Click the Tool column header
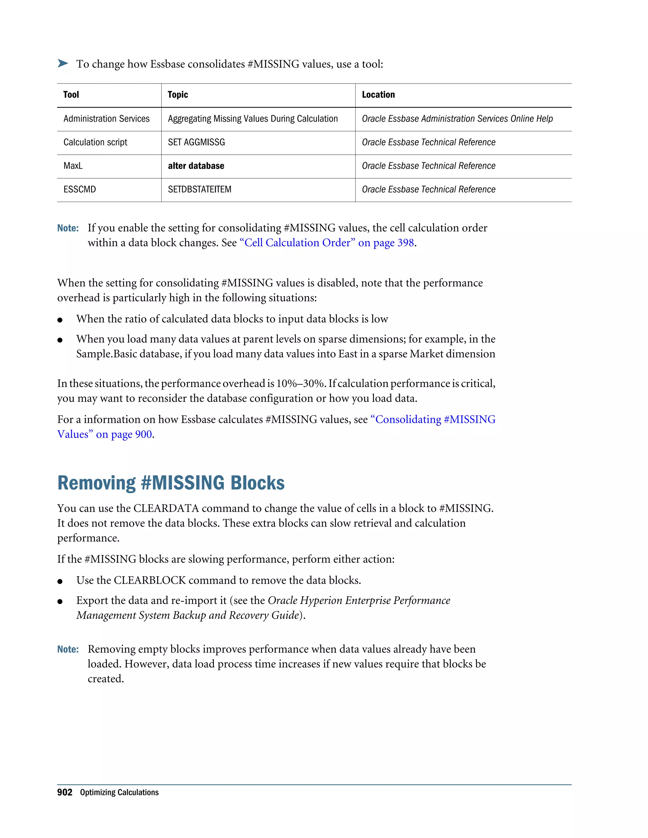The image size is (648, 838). click(x=71, y=95)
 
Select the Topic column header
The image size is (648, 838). click(x=178, y=95)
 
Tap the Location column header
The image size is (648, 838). click(x=378, y=95)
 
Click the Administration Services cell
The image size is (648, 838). click(x=106, y=119)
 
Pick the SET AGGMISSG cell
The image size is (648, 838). click(x=196, y=142)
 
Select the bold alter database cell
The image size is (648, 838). click(x=196, y=166)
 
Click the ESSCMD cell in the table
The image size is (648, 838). click(x=79, y=189)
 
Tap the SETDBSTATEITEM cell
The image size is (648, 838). click(x=199, y=189)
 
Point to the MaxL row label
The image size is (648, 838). click(x=73, y=166)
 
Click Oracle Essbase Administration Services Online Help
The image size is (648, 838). click(x=457, y=119)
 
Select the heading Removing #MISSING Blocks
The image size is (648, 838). click(x=171, y=483)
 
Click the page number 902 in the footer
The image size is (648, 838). click(x=65, y=792)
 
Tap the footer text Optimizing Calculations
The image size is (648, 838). click(x=119, y=793)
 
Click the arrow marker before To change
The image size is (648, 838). click(x=63, y=63)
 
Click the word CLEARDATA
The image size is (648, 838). click(x=165, y=508)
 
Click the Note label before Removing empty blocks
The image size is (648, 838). click(x=68, y=649)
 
